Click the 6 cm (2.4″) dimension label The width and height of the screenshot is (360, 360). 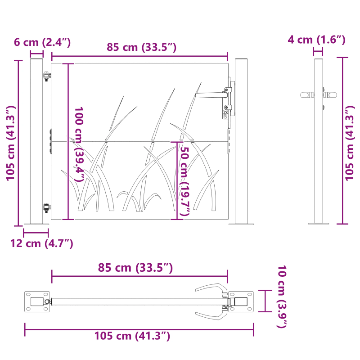click(42, 43)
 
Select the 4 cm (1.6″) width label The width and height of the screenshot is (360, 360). click(316, 40)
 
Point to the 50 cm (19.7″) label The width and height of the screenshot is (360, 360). click(184, 180)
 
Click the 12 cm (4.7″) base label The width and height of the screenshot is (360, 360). click(41, 243)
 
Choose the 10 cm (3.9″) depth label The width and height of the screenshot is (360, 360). click(281, 297)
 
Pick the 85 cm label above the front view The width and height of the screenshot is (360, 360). click(141, 47)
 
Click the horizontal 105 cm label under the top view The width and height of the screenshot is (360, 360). click(132, 336)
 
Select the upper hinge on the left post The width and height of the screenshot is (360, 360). click(46, 76)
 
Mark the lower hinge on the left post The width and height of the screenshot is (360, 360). click(46, 207)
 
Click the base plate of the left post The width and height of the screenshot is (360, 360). click(36, 224)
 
